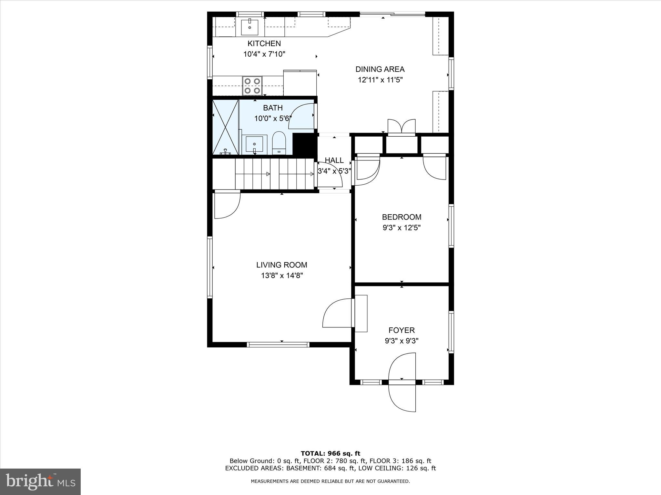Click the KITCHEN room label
point(264,44)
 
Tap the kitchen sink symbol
point(250,27)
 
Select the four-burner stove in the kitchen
point(252,86)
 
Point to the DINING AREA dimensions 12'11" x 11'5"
point(380,80)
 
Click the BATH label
point(273,108)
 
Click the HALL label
point(334,160)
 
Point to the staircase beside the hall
point(274,174)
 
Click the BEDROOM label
point(402,217)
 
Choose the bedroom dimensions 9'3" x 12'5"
point(402,228)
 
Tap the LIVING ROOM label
point(282,265)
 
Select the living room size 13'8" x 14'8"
point(282,276)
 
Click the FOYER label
point(402,330)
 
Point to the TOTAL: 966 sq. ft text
point(330,453)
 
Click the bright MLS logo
point(40,481)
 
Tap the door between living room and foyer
point(337,313)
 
